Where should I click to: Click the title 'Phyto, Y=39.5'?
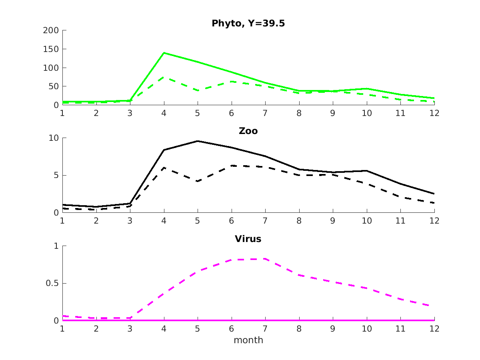[x=248, y=24]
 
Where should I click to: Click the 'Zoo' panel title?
[x=248, y=131]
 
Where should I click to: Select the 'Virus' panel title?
[x=248, y=239]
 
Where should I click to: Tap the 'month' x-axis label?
[x=248, y=340]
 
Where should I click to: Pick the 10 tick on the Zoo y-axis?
[x=53, y=138]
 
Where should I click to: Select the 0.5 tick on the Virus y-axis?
[x=51, y=283]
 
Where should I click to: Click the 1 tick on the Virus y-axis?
[x=56, y=246]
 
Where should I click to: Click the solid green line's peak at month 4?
[x=164, y=53]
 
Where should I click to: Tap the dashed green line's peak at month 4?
[x=164, y=77]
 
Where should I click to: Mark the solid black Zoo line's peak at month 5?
[x=198, y=141]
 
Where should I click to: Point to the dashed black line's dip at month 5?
[x=198, y=181]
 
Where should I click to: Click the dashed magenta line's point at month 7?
[x=265, y=259]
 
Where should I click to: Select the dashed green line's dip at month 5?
[x=198, y=91]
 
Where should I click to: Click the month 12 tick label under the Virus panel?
[x=434, y=329]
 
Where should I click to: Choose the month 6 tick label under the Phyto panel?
[x=232, y=113]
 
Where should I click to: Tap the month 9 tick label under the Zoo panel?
[x=333, y=221]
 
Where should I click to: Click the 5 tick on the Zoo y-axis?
[x=56, y=175]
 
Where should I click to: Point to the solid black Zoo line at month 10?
[x=367, y=171]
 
